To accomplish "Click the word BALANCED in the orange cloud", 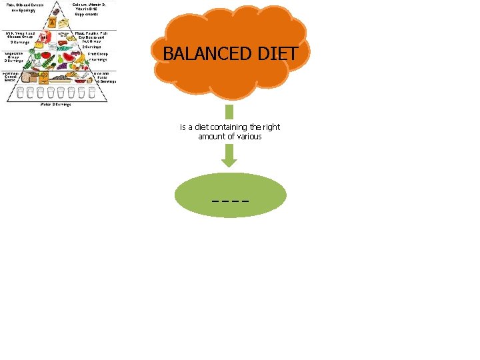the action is click(201, 54).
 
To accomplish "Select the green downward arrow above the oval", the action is click(229, 157).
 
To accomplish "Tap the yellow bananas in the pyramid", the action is click(80, 58).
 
